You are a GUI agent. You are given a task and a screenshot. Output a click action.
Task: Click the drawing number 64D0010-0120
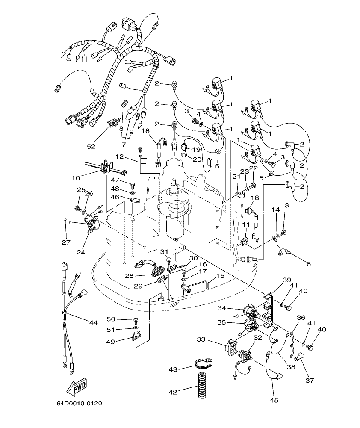[x=79, y=403]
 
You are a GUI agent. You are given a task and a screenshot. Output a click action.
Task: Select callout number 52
[x=91, y=146]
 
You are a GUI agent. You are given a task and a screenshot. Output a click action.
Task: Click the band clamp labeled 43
[x=203, y=364]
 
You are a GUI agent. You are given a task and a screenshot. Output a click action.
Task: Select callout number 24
[x=81, y=252]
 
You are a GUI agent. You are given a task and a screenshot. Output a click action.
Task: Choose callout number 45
[x=274, y=400]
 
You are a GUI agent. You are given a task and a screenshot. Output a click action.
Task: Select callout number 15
[x=220, y=276]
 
